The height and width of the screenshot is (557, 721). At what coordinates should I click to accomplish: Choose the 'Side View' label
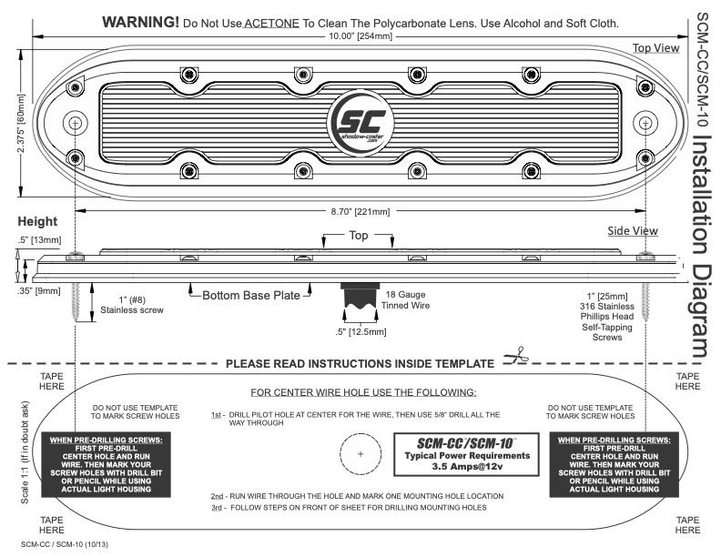tap(632, 231)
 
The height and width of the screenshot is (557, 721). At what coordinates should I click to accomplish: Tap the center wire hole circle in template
tap(360, 452)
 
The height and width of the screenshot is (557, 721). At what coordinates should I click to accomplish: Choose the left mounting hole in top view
tap(74, 122)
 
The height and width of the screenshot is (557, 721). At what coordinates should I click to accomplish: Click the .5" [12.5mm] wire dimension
tap(362, 330)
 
